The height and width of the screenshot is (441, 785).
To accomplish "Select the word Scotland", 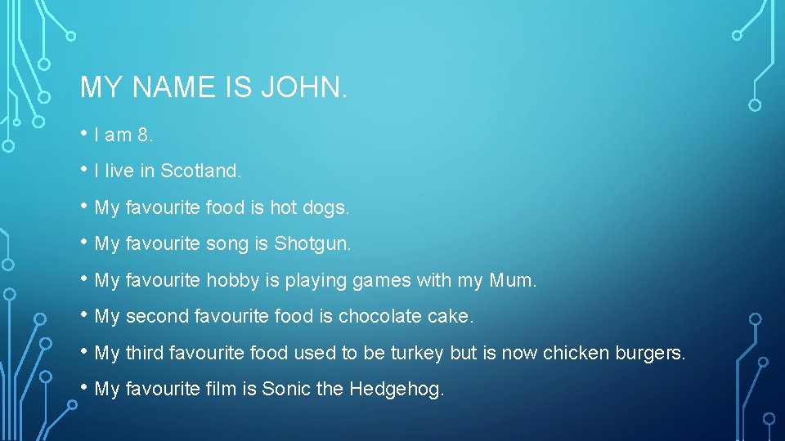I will point(200,171).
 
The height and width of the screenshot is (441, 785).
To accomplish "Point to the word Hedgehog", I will point(396,390).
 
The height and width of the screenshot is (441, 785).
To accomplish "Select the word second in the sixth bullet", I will point(151,317).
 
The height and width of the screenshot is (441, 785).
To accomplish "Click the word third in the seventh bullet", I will point(144,354).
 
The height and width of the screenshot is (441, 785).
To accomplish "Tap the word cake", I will point(451,317).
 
